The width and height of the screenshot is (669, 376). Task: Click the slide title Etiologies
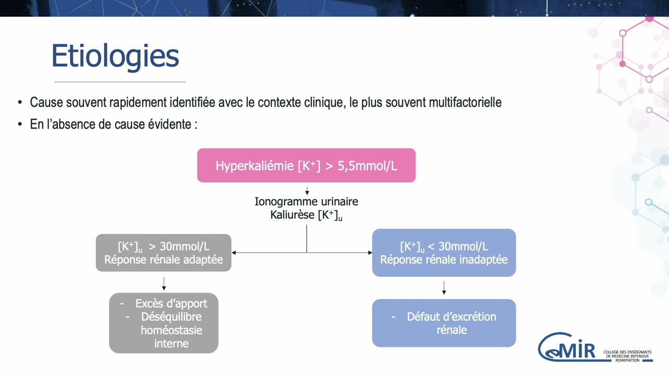pyautogui.click(x=115, y=56)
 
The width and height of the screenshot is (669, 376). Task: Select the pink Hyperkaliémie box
pyautogui.click(x=306, y=166)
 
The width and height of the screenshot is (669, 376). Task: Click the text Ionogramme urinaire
pyautogui.click(x=306, y=202)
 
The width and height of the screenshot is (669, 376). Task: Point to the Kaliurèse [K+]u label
pyautogui.click(x=306, y=215)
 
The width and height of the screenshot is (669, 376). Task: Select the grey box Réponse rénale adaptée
pyautogui.click(x=163, y=253)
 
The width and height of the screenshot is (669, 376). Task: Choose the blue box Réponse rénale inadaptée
pyautogui.click(x=444, y=253)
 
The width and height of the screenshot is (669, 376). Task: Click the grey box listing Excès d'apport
pyautogui.click(x=163, y=323)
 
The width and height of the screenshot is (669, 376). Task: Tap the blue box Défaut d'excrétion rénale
pyautogui.click(x=444, y=323)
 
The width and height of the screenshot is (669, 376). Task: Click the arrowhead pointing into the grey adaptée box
pyautogui.click(x=234, y=253)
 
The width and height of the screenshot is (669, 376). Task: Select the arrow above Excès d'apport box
pyautogui.click(x=164, y=284)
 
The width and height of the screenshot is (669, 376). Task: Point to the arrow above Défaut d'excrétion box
pyautogui.click(x=444, y=288)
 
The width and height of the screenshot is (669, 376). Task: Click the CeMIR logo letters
pyautogui.click(x=570, y=347)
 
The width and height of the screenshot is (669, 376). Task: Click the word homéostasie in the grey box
pyautogui.click(x=171, y=330)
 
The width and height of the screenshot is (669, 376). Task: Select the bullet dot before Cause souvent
pyautogui.click(x=20, y=102)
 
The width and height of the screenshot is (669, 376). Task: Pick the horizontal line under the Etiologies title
pyautogui.click(x=120, y=82)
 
